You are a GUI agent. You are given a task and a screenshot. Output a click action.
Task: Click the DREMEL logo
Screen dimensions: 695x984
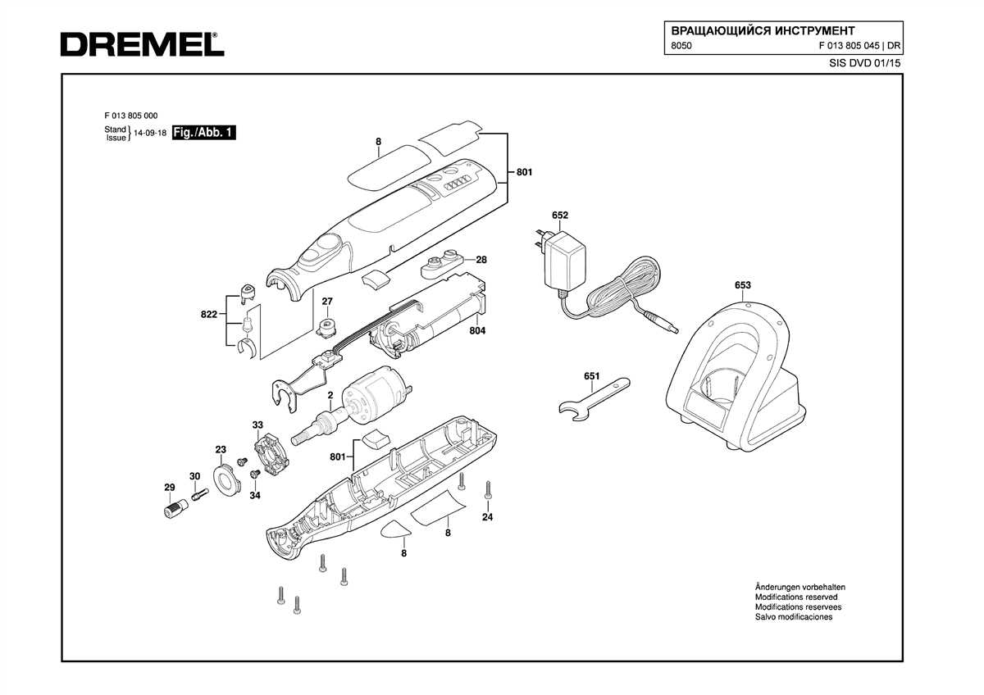141,44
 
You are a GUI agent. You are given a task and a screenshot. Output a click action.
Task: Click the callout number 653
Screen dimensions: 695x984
742,285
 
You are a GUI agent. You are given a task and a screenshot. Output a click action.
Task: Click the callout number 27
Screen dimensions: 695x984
327,302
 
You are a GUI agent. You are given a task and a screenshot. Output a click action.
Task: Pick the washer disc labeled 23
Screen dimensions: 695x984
224,479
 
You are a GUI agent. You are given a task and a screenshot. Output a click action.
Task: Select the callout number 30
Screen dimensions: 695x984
194,476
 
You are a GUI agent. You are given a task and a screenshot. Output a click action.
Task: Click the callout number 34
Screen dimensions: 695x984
254,495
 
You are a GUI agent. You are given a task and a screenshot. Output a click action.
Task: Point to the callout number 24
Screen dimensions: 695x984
488,517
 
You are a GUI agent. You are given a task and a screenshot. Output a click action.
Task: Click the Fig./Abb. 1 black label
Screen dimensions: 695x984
203,133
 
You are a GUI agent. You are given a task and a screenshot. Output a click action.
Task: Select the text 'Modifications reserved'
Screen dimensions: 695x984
797,597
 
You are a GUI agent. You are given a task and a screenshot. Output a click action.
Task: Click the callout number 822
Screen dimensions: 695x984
209,315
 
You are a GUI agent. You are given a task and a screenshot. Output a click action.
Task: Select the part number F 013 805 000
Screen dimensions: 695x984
131,116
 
